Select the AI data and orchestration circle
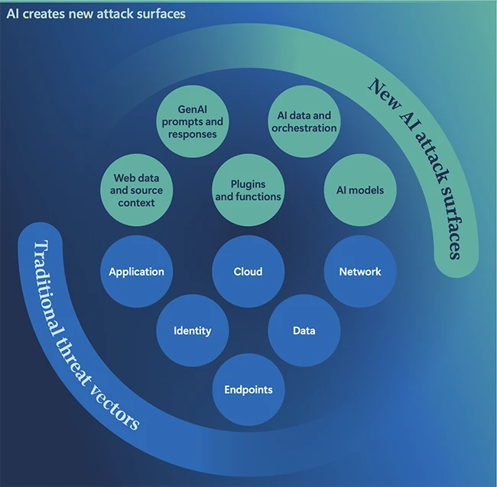click(x=304, y=122)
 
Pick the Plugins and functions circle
click(x=248, y=190)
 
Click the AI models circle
click(x=360, y=190)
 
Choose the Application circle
click(x=136, y=271)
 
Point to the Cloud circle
click(x=248, y=271)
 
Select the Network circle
click(x=360, y=271)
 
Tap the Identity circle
click(x=192, y=331)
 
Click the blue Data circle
click(x=304, y=331)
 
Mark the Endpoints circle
click(x=248, y=390)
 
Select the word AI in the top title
click(x=11, y=14)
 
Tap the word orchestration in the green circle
click(x=304, y=128)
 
